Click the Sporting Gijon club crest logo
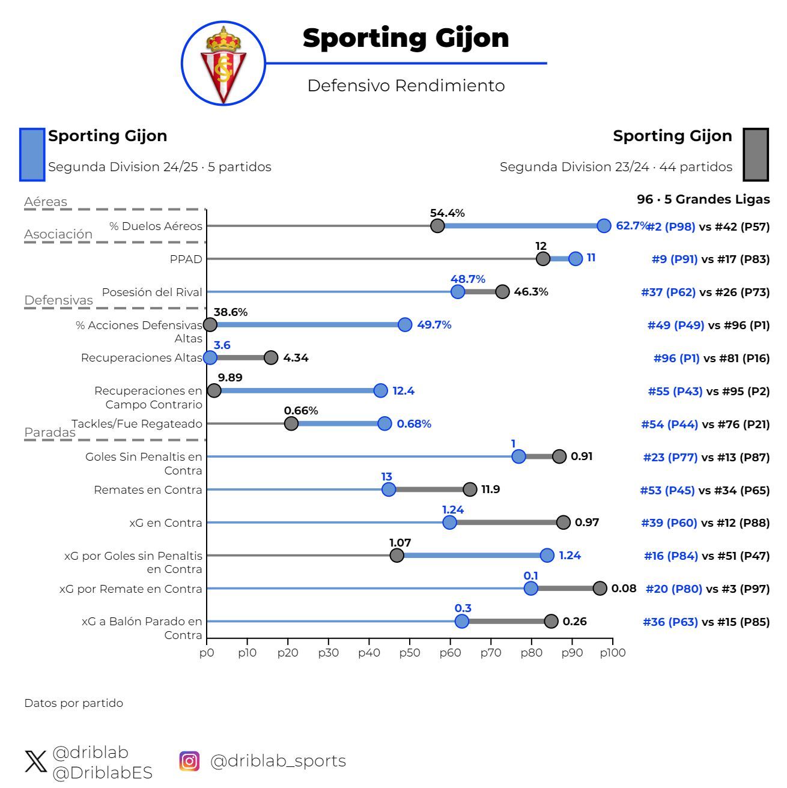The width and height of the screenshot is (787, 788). [223, 64]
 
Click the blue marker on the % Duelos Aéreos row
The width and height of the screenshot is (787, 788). [604, 226]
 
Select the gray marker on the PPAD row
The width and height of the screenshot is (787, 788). [543, 258]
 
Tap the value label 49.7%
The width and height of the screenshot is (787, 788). [434, 325]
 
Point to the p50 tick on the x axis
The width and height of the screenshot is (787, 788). [409, 652]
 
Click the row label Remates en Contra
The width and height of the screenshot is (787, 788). [148, 489]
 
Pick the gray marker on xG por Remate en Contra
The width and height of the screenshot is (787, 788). [600, 588]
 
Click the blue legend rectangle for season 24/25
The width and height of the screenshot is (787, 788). [32, 154]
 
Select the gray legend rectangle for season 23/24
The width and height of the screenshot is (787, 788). [756, 154]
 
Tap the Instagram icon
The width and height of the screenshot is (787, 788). [189, 761]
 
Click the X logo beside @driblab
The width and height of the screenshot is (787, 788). [35, 762]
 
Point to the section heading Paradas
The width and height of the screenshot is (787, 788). [50, 432]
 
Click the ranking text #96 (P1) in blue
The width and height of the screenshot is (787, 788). [676, 358]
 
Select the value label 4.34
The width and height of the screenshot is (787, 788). [296, 358]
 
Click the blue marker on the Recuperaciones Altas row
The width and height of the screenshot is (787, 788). [210, 357]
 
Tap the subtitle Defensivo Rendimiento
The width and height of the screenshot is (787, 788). [406, 86]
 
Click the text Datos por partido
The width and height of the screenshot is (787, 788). [73, 703]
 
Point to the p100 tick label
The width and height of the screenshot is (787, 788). [612, 652]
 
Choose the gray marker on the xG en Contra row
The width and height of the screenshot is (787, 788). [563, 522]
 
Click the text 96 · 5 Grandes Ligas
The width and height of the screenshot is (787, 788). [703, 199]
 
